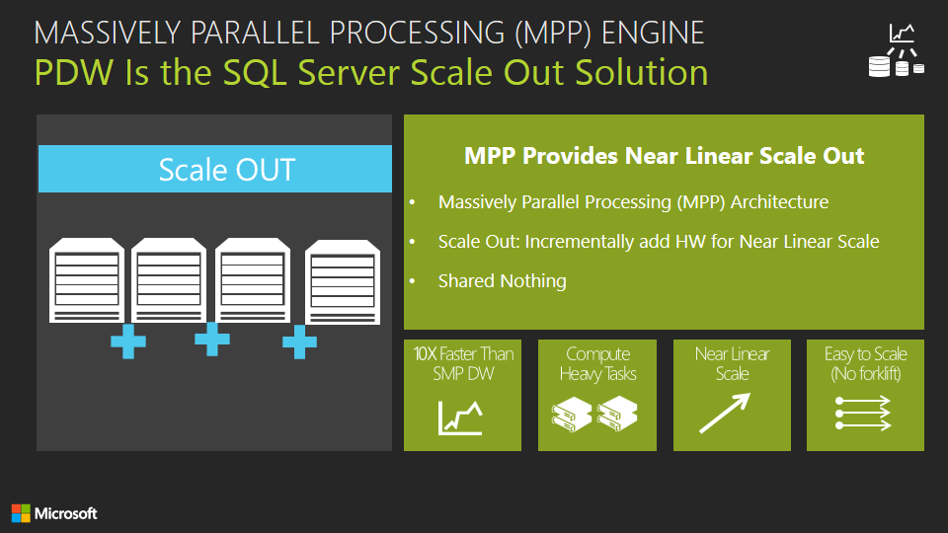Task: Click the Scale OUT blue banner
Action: tap(214, 169)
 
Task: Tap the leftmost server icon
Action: tap(87, 279)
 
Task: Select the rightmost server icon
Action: tap(343, 281)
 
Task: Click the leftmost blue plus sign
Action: tap(128, 342)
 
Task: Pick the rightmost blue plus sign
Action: tap(299, 343)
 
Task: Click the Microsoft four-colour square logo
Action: tap(21, 513)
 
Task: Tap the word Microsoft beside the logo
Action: tap(66, 513)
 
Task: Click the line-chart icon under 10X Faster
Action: tap(460, 418)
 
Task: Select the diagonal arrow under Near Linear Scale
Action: tap(725, 414)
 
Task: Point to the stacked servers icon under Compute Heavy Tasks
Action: tap(594, 414)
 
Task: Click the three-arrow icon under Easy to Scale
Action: tap(863, 414)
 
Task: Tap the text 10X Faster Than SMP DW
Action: tap(463, 364)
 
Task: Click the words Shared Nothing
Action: tap(503, 281)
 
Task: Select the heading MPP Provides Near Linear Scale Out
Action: tap(664, 156)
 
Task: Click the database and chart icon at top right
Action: tap(896, 50)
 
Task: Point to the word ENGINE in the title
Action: tap(653, 33)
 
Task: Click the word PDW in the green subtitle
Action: tap(74, 72)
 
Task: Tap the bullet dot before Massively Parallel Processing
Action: tap(413, 202)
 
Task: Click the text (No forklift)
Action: tap(866, 374)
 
